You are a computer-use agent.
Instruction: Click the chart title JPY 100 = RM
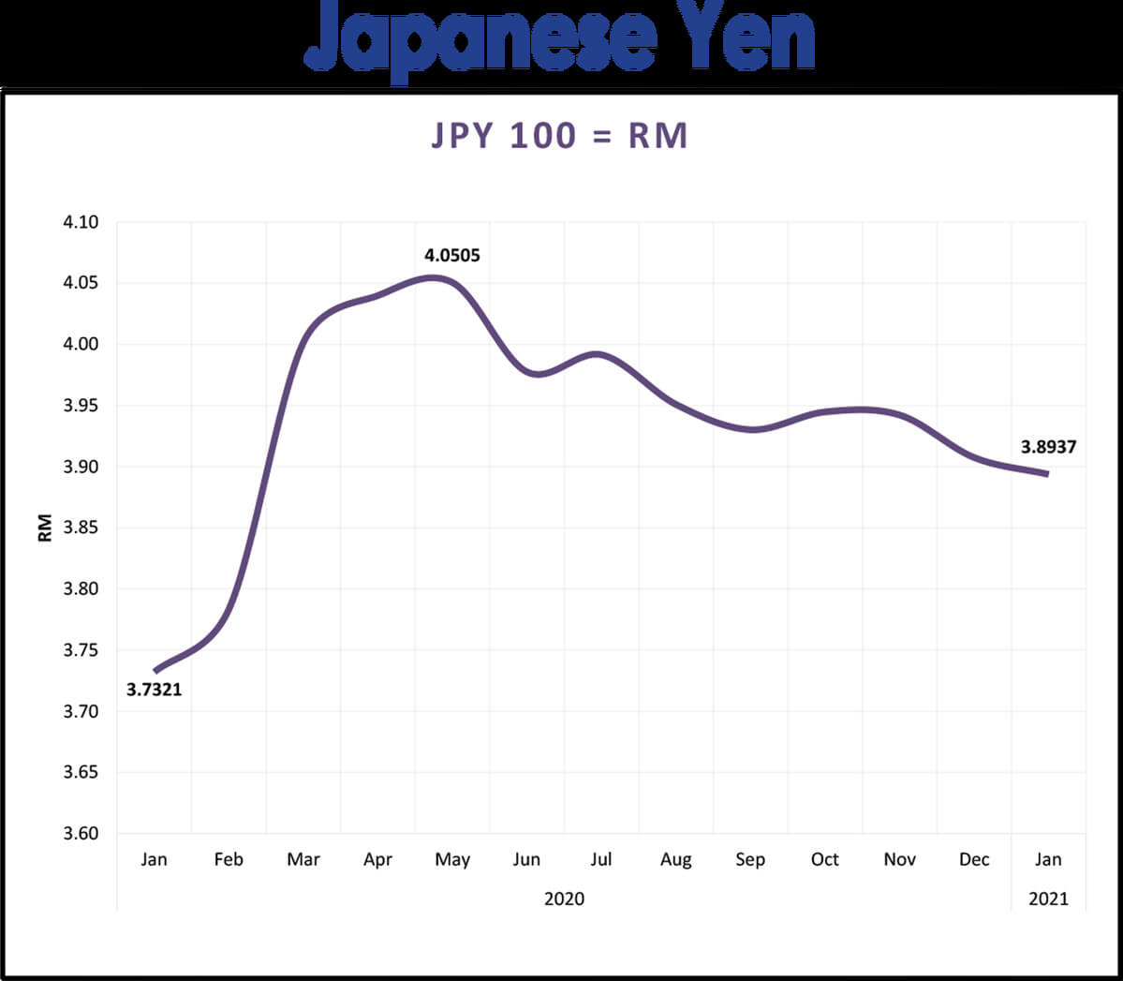[x=560, y=136]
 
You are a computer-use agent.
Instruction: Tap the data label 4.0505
[x=451, y=255]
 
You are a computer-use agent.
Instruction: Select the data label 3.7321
[x=154, y=691]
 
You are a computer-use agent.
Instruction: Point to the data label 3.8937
[x=1048, y=447]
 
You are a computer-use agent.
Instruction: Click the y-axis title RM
[x=45, y=528]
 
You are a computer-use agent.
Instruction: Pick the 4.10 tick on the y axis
[x=81, y=222]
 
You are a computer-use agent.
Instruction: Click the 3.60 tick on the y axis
[x=81, y=833]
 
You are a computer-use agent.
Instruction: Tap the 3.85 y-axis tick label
[x=81, y=528]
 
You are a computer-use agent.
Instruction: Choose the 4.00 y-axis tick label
[x=81, y=344]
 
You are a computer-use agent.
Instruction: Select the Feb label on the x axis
[x=229, y=859]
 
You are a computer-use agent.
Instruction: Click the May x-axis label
[x=452, y=859]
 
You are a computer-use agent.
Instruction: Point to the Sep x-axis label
[x=750, y=859]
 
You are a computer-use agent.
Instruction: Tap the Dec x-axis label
[x=974, y=859]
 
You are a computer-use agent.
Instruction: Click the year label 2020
[x=564, y=899]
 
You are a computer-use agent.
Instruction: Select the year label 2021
[x=1048, y=899]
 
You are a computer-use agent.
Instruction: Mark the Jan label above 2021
[x=1048, y=859]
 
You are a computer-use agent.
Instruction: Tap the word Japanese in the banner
[x=480, y=37]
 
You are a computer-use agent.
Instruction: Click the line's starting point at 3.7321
[x=155, y=671]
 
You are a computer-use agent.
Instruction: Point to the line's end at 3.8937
[x=1047, y=474]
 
